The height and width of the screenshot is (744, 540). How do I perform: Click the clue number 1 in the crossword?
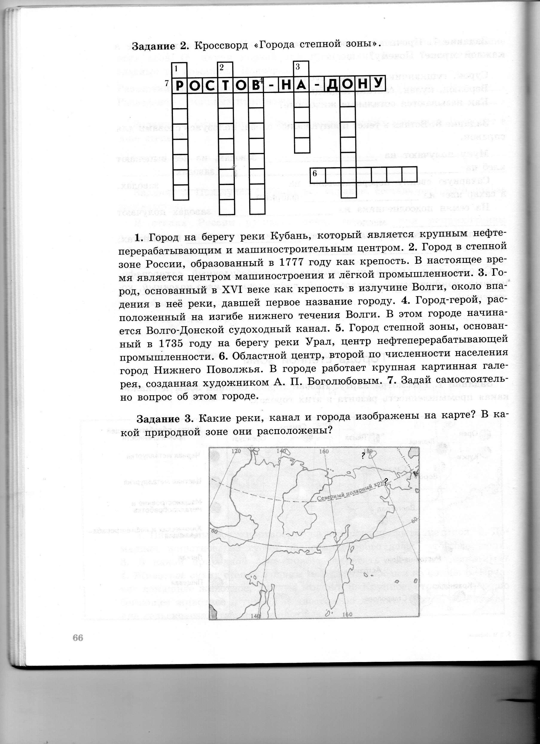pyautogui.click(x=176, y=68)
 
